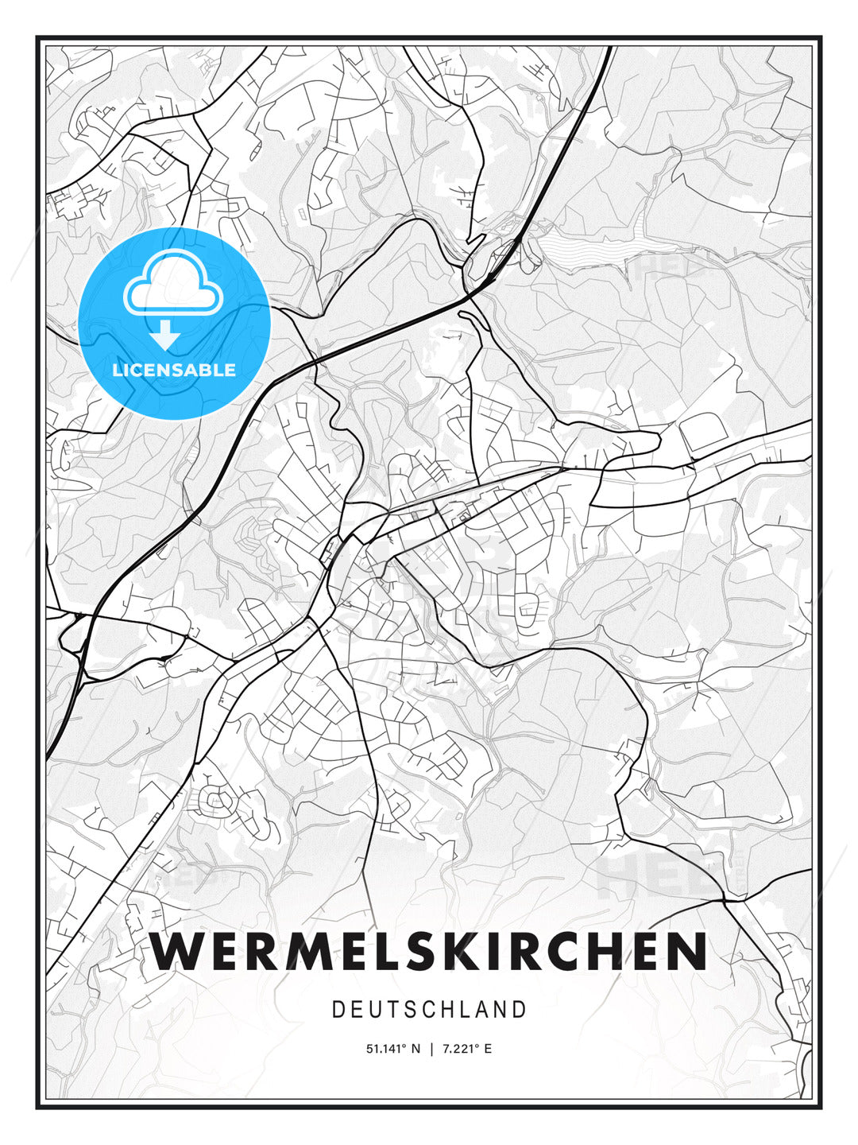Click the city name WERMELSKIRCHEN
429,951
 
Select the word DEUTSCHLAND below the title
429,1010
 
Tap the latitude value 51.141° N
392,1049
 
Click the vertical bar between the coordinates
431,1049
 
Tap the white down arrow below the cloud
165,336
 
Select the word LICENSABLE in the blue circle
174,370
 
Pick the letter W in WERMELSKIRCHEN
176,951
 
